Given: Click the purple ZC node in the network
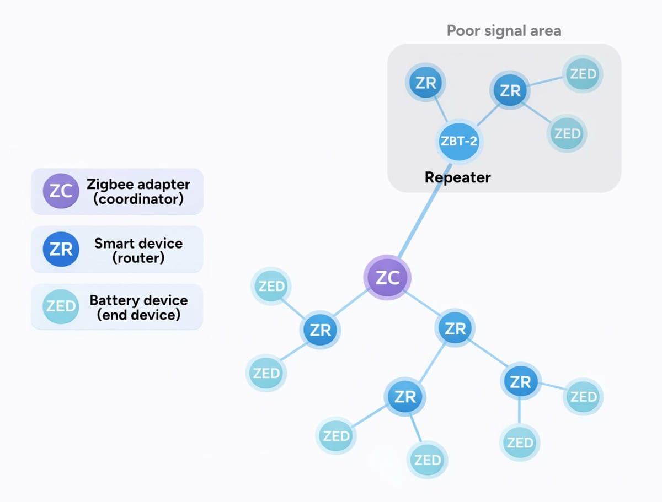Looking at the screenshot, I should (x=387, y=278).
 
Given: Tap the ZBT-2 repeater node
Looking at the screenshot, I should (x=459, y=141).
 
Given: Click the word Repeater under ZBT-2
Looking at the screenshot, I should (x=457, y=177).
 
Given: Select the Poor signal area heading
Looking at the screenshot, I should (x=504, y=30).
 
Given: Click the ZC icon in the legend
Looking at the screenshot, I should (x=61, y=191).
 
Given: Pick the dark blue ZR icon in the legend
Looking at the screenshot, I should (x=61, y=249).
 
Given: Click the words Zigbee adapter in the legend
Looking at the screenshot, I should (x=138, y=184).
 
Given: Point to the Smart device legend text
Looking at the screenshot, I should (x=138, y=243).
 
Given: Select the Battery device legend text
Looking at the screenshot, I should (x=138, y=300).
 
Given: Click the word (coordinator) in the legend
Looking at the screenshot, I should (x=138, y=199).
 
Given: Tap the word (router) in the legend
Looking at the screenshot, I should (x=138, y=257).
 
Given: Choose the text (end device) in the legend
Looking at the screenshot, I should (x=138, y=315).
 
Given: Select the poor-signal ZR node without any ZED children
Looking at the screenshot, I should (x=426, y=83).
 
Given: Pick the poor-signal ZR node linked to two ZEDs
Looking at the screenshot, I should (x=510, y=90).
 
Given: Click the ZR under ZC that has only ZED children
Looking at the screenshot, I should (x=321, y=330).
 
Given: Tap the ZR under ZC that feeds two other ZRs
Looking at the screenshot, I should (x=455, y=328).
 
